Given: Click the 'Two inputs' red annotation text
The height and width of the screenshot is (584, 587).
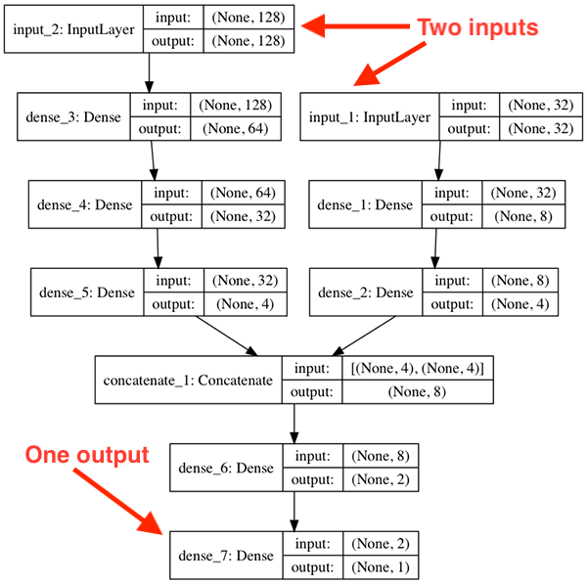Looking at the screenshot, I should (x=477, y=27).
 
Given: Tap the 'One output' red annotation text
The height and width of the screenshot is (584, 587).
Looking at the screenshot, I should (x=86, y=455).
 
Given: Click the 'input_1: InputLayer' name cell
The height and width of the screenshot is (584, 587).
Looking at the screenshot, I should (x=370, y=116).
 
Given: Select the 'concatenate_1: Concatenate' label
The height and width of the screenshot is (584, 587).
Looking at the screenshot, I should (x=187, y=380).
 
